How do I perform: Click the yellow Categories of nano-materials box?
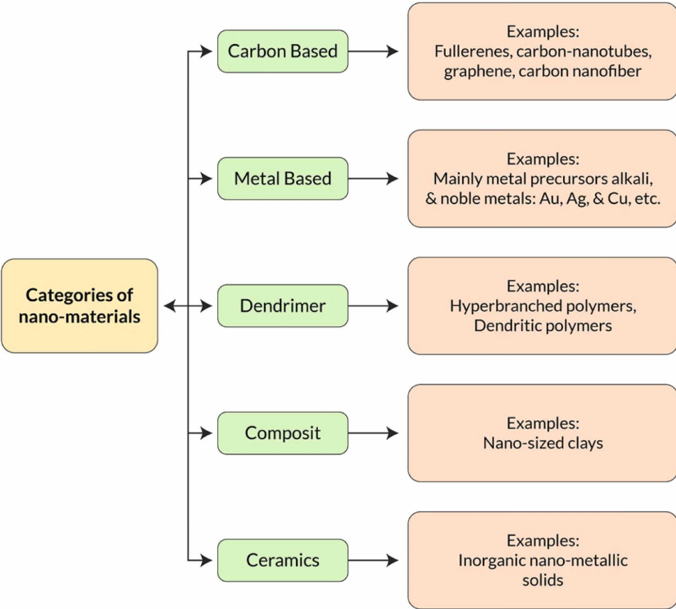pos(80,306)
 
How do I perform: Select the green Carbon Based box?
pos(283,51)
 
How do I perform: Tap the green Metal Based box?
pos(283,178)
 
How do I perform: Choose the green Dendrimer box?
pos(283,306)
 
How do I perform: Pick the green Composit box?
pos(283,433)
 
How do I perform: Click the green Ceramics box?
pos(283,560)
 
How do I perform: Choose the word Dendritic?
pos(506,326)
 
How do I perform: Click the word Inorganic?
pos(491,561)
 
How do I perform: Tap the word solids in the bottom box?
pos(543,580)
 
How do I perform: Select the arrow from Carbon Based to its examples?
pos(374,51)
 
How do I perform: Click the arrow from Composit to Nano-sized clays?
pos(374,433)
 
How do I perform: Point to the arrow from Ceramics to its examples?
pos(374,560)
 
